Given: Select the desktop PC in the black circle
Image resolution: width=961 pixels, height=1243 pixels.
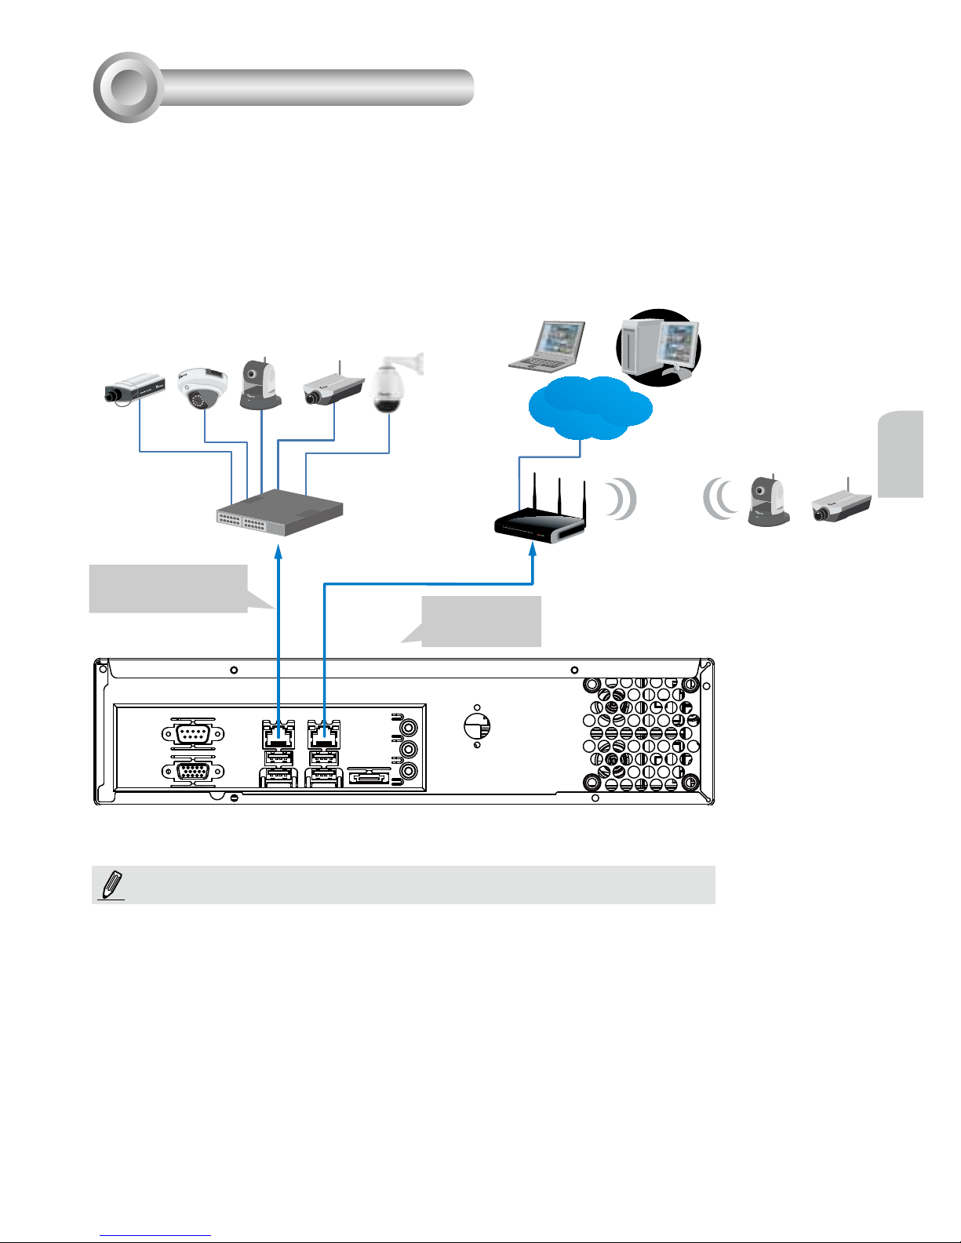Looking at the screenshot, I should [x=658, y=346].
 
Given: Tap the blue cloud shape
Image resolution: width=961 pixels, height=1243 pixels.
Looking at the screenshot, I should [x=590, y=407].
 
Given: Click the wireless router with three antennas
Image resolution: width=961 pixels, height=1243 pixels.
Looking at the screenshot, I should [x=541, y=521].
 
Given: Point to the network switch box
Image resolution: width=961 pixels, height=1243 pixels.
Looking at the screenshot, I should [x=279, y=513].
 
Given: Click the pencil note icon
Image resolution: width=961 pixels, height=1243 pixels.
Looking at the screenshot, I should [x=113, y=885].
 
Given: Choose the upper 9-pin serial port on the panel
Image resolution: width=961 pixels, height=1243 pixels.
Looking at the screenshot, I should [x=192, y=734].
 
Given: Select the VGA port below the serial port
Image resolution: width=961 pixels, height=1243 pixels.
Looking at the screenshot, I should [x=192, y=772].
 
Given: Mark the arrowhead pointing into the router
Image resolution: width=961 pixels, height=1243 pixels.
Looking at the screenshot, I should [x=533, y=551].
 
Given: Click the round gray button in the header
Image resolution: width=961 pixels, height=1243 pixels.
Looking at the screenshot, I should [x=128, y=87].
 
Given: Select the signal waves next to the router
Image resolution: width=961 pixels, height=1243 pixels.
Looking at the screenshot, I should [x=621, y=500].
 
